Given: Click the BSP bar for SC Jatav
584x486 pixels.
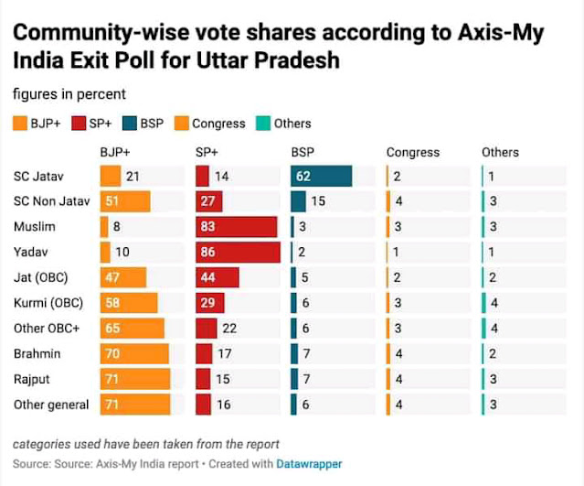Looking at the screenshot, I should [321, 177].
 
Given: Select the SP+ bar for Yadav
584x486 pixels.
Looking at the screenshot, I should [238, 253].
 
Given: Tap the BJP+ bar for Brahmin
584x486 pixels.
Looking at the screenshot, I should [134, 353].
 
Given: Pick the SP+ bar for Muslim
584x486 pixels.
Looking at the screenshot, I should [237, 227].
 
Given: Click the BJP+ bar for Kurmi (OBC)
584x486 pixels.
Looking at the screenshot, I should [129, 303].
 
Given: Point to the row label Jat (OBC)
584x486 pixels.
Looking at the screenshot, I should [41, 277].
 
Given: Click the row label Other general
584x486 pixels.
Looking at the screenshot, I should [50, 405].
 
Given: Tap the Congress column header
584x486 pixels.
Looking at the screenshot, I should [412, 153].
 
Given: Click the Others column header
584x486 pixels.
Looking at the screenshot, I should [500, 153].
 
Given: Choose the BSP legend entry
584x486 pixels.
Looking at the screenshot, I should [143, 124].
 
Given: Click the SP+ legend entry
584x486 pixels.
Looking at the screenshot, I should [88, 124].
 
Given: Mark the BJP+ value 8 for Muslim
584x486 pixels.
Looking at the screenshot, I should [117, 227].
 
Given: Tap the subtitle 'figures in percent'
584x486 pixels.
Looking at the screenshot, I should [69, 94].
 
